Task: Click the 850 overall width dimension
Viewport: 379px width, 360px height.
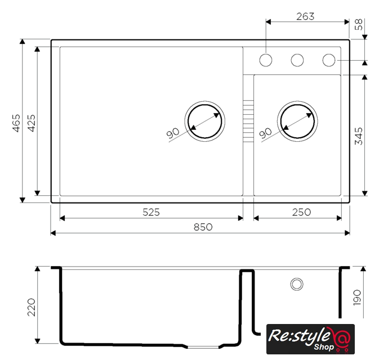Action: point(203,227)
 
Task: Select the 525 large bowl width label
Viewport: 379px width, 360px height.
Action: point(151,212)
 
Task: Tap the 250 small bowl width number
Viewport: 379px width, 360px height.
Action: point(301,212)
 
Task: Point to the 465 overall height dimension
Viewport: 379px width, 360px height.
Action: point(16,123)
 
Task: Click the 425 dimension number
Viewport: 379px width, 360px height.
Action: point(32,123)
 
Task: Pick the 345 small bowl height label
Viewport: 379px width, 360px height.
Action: point(359,136)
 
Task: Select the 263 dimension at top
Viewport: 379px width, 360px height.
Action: point(305,16)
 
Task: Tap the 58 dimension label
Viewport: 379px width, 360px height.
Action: point(359,24)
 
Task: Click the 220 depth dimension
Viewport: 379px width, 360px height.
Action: point(32,307)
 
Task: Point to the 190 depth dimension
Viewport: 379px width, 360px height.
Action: point(357,298)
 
